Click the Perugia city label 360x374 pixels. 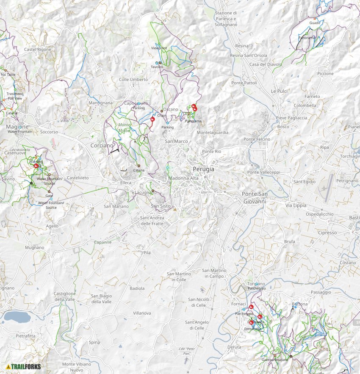tap(203, 169)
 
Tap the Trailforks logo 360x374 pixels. tap(24, 366)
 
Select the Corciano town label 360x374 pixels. tap(102, 145)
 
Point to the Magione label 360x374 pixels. tap(17, 127)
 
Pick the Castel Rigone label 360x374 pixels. tap(38, 50)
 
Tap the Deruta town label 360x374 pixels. tap(234, 347)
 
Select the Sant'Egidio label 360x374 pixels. tap(305, 182)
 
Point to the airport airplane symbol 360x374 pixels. tap(325, 188)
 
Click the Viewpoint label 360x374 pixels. tap(159, 48)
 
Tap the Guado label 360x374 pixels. tap(315, 22)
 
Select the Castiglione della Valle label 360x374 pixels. tap(64, 296)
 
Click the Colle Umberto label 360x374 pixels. tap(133, 80)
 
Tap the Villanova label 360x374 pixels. tap(142, 313)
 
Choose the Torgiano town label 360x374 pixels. tap(256, 283)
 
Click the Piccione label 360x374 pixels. tap(325, 73)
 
